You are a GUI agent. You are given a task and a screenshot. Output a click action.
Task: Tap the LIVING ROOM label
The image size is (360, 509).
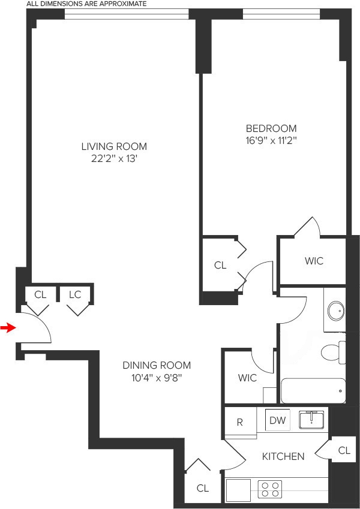114,146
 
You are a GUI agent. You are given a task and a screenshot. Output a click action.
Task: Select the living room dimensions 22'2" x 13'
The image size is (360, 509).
114,159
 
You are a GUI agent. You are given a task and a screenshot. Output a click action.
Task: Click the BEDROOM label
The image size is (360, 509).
271,128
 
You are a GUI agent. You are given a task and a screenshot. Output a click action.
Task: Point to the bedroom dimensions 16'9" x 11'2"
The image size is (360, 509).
271,141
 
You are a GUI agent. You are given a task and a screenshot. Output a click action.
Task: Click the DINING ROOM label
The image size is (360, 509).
157,365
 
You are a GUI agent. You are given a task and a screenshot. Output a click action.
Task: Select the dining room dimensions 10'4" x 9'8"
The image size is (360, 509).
157,378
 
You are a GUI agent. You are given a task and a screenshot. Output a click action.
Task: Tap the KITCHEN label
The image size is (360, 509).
283,456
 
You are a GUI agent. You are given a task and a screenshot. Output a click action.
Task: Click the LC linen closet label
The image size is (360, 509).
75,294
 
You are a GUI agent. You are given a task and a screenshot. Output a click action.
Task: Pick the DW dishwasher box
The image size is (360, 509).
277,420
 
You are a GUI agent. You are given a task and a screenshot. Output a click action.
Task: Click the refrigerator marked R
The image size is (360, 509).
239,422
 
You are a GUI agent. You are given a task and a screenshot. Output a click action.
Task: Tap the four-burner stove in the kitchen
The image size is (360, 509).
271,490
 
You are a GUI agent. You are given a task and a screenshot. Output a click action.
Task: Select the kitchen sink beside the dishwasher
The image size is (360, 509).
311,418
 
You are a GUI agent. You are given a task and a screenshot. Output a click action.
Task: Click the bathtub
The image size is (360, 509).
313,391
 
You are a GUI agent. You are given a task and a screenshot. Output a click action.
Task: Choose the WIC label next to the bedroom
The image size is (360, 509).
314,261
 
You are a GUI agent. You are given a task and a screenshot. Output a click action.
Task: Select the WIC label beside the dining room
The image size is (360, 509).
247,378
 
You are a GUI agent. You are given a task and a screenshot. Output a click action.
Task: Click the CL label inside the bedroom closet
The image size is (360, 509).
220,265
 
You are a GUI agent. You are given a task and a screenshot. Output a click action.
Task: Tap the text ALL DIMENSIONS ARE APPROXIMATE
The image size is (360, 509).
78,4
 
